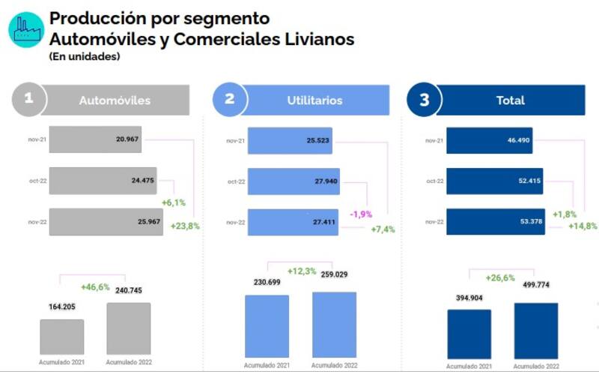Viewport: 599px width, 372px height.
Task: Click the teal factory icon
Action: [x=26, y=30]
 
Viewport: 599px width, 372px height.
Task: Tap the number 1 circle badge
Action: [x=29, y=100]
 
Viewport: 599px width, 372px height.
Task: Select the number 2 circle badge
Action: [x=230, y=100]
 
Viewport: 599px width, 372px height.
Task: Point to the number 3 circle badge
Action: [x=425, y=100]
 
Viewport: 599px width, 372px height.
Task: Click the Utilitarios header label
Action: [x=314, y=100]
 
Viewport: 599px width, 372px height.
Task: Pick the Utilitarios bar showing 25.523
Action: [x=290, y=140]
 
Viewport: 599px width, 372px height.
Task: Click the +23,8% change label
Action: [x=185, y=226]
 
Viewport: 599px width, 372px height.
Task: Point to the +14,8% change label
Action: [x=583, y=226]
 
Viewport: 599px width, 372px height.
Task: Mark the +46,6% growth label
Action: [x=95, y=286]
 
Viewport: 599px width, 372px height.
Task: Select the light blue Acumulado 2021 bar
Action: [x=267, y=325]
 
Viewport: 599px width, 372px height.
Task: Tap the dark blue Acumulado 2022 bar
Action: [x=535, y=331]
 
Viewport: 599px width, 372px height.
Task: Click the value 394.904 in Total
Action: [x=469, y=298]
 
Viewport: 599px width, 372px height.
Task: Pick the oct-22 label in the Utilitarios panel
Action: [x=236, y=181]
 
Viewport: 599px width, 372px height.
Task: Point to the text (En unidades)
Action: [x=85, y=56]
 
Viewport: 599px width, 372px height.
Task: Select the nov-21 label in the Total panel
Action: [x=434, y=140]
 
